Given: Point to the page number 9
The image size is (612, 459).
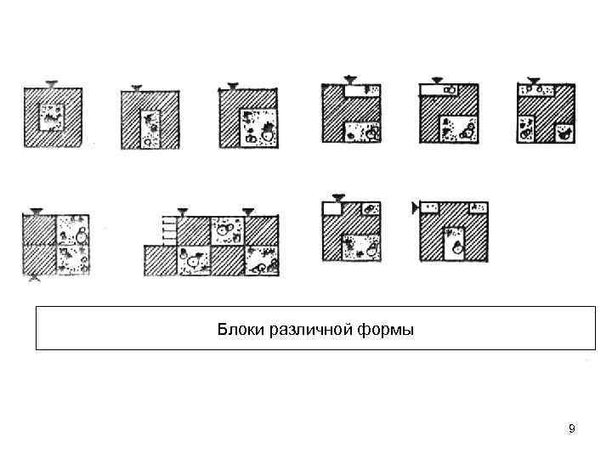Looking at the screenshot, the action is pyautogui.click(x=572, y=428).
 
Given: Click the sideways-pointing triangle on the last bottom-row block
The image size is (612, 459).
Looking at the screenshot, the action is pyautogui.click(x=415, y=207).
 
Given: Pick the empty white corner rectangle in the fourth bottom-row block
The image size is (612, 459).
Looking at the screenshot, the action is pyautogui.click(x=332, y=207).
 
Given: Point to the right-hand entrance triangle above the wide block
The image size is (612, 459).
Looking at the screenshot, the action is pyautogui.click(x=248, y=211).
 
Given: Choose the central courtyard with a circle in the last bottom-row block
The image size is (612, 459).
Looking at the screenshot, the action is pyautogui.click(x=456, y=242).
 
